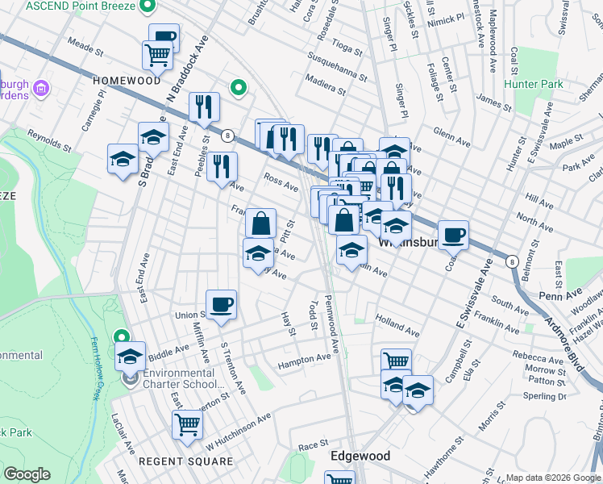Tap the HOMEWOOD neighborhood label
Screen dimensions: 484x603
(x=127, y=81)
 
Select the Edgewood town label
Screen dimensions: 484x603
(x=360, y=456)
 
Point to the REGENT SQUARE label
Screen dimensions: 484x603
(x=185, y=461)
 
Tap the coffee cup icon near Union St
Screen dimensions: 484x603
(x=221, y=304)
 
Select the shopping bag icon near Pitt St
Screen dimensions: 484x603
(x=260, y=223)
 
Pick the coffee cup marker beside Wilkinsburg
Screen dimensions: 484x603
(x=454, y=234)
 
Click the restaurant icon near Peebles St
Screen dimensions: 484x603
(x=222, y=166)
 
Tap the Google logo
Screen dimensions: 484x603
(x=26, y=474)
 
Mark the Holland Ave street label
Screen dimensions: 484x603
(x=397, y=326)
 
